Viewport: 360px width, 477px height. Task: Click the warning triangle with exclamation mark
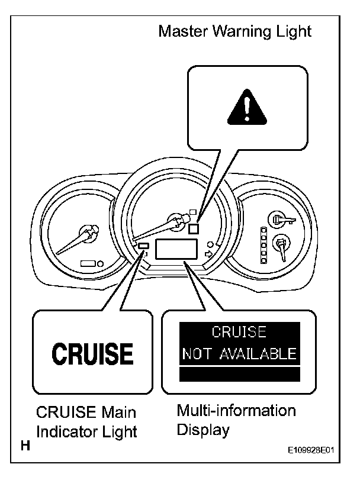[x=248, y=107]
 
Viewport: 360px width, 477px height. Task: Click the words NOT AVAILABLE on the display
[x=239, y=354]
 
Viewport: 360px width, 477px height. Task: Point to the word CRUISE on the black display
[x=239, y=332]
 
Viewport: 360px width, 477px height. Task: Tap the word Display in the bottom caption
[x=202, y=430]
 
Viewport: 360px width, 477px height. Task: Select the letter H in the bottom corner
[x=25, y=447]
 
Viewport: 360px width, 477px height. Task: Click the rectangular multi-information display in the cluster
[x=176, y=249]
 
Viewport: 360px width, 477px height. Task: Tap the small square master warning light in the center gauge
[x=194, y=228]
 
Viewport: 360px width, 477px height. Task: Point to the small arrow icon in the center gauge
[x=208, y=254]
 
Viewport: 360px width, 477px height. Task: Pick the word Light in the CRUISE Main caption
[x=121, y=431]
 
